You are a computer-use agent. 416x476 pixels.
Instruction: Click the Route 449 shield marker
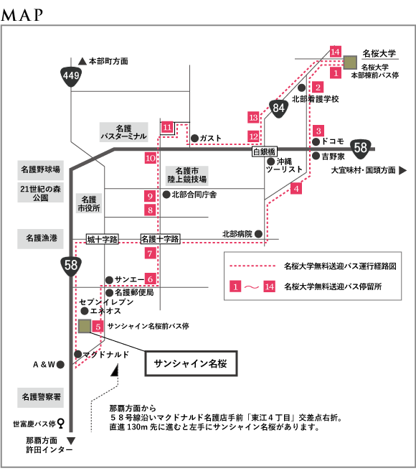click(71, 76)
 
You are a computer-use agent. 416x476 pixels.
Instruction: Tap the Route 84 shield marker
click(278, 108)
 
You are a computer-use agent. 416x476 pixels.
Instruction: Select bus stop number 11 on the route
click(167, 127)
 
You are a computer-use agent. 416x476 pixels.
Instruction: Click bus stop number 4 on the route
click(296, 189)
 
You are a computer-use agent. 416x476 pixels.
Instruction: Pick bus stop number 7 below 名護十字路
click(150, 253)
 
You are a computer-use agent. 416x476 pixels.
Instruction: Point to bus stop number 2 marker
click(318, 88)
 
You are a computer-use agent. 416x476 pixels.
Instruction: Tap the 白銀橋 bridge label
click(265, 151)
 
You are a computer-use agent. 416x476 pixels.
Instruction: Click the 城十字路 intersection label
click(102, 239)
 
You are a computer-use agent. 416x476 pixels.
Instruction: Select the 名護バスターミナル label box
click(123, 132)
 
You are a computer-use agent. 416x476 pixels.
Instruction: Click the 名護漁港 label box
click(40, 238)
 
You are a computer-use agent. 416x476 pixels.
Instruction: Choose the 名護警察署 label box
click(41, 397)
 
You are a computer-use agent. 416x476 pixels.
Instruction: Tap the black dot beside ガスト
click(194, 139)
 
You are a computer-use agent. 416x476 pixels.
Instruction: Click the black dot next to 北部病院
click(258, 234)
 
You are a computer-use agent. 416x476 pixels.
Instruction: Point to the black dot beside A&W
click(60, 364)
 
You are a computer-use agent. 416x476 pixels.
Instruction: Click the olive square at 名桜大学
click(350, 62)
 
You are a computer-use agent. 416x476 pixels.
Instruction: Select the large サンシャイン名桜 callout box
click(191, 363)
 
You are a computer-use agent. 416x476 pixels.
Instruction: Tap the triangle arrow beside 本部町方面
click(82, 61)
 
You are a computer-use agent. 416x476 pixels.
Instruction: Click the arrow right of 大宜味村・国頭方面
click(402, 170)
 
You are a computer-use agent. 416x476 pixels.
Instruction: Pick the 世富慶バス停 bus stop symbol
click(61, 423)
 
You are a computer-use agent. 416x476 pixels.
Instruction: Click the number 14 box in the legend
click(269, 286)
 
